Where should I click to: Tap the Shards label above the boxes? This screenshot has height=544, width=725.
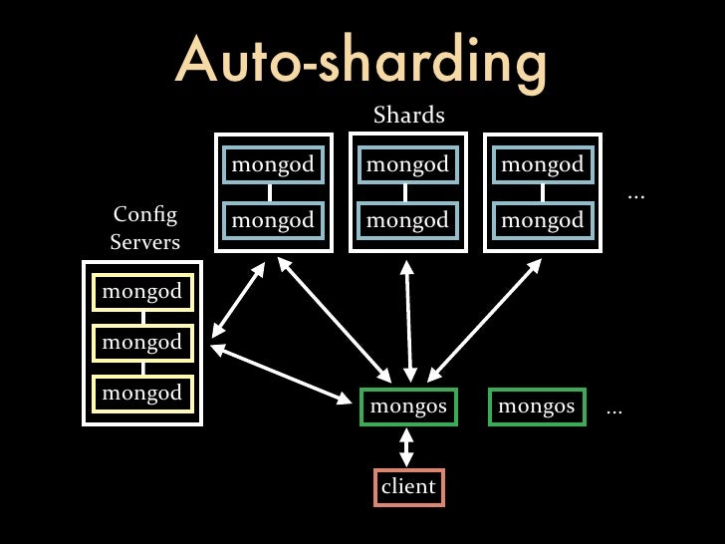408,116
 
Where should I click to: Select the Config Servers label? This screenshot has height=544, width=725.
145,228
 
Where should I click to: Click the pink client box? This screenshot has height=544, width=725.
408,486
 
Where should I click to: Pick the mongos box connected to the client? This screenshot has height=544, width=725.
407,407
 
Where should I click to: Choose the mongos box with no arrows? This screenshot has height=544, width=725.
536,407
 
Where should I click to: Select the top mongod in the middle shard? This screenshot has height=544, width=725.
407,165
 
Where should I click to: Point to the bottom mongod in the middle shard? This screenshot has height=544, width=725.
407,218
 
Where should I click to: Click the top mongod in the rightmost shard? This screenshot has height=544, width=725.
542,165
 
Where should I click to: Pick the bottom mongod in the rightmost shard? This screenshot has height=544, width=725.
542,218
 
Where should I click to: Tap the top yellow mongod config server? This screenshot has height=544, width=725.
142,292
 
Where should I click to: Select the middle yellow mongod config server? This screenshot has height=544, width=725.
142,343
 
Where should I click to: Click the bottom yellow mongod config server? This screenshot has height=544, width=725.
142,393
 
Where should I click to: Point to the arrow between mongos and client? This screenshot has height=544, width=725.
406,446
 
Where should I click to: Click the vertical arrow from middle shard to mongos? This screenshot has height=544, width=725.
408,319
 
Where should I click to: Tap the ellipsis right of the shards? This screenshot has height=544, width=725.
636,195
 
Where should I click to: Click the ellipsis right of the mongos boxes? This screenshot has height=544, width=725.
614,409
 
